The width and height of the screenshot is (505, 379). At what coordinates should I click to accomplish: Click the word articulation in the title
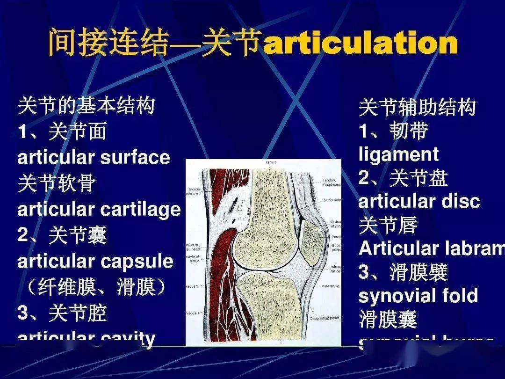[360, 44]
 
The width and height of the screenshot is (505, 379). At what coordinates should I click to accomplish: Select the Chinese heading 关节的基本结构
[86, 106]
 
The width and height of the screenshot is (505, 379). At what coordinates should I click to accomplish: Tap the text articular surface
[94, 158]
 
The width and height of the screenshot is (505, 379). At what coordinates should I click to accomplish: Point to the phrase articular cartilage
[99, 209]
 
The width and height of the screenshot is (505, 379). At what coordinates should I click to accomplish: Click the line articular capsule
[95, 261]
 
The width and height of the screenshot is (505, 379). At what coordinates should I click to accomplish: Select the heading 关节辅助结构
[417, 108]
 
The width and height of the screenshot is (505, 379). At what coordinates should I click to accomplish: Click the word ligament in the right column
[398, 155]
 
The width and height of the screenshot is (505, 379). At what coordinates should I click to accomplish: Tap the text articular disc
[419, 202]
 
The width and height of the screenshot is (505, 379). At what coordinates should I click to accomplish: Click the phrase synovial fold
[418, 296]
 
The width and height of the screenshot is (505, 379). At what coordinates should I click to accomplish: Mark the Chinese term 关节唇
[388, 225]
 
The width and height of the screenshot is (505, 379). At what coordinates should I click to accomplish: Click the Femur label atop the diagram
[271, 162]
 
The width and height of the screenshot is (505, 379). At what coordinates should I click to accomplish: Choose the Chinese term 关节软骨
[57, 183]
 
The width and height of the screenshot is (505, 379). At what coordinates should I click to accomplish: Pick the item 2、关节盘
[403, 178]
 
